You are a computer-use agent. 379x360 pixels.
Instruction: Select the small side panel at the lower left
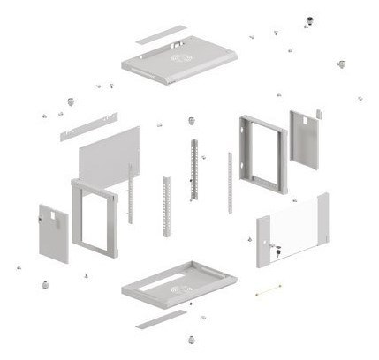click(x=52, y=235)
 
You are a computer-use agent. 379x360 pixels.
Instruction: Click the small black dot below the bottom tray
click(x=191, y=304)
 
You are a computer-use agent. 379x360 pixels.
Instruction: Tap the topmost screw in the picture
click(x=309, y=19)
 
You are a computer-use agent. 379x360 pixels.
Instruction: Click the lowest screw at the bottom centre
click(x=189, y=338)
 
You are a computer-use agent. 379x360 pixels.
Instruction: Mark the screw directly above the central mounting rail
click(x=191, y=120)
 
